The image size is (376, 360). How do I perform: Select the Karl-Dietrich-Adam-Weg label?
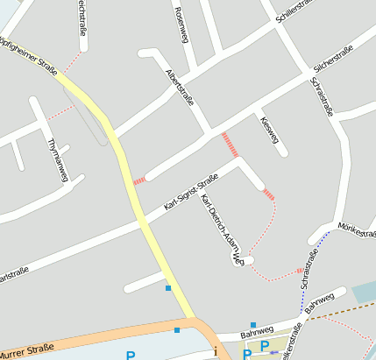tap(221, 229)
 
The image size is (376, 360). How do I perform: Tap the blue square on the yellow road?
tap(168, 287)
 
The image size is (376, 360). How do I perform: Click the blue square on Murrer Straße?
tap(177, 330)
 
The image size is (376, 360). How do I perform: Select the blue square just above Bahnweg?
tap(252, 325)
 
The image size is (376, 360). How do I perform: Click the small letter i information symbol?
tap(216, 351)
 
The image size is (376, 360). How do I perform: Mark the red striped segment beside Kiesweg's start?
tap(231, 144)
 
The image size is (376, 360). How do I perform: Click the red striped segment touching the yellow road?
tap(138, 180)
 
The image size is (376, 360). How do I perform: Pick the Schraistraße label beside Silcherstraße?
tap(323, 98)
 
